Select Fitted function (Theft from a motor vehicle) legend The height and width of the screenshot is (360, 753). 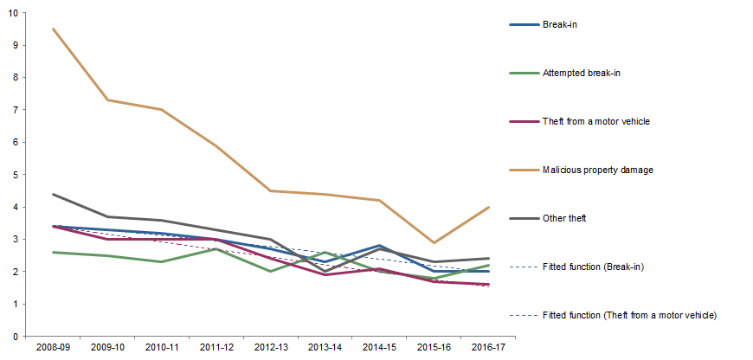[631, 315]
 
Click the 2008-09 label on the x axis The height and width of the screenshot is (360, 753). [54, 348]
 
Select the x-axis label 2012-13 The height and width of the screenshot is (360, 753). [271, 348]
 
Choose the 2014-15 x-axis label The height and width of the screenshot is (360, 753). [379, 348]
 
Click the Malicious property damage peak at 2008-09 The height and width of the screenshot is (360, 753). [54, 29]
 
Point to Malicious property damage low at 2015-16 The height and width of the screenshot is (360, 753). [434, 242]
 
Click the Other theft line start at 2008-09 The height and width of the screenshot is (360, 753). [54, 194]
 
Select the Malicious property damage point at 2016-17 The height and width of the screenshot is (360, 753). [488, 207]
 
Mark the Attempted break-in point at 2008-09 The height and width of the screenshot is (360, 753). [54, 252]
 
